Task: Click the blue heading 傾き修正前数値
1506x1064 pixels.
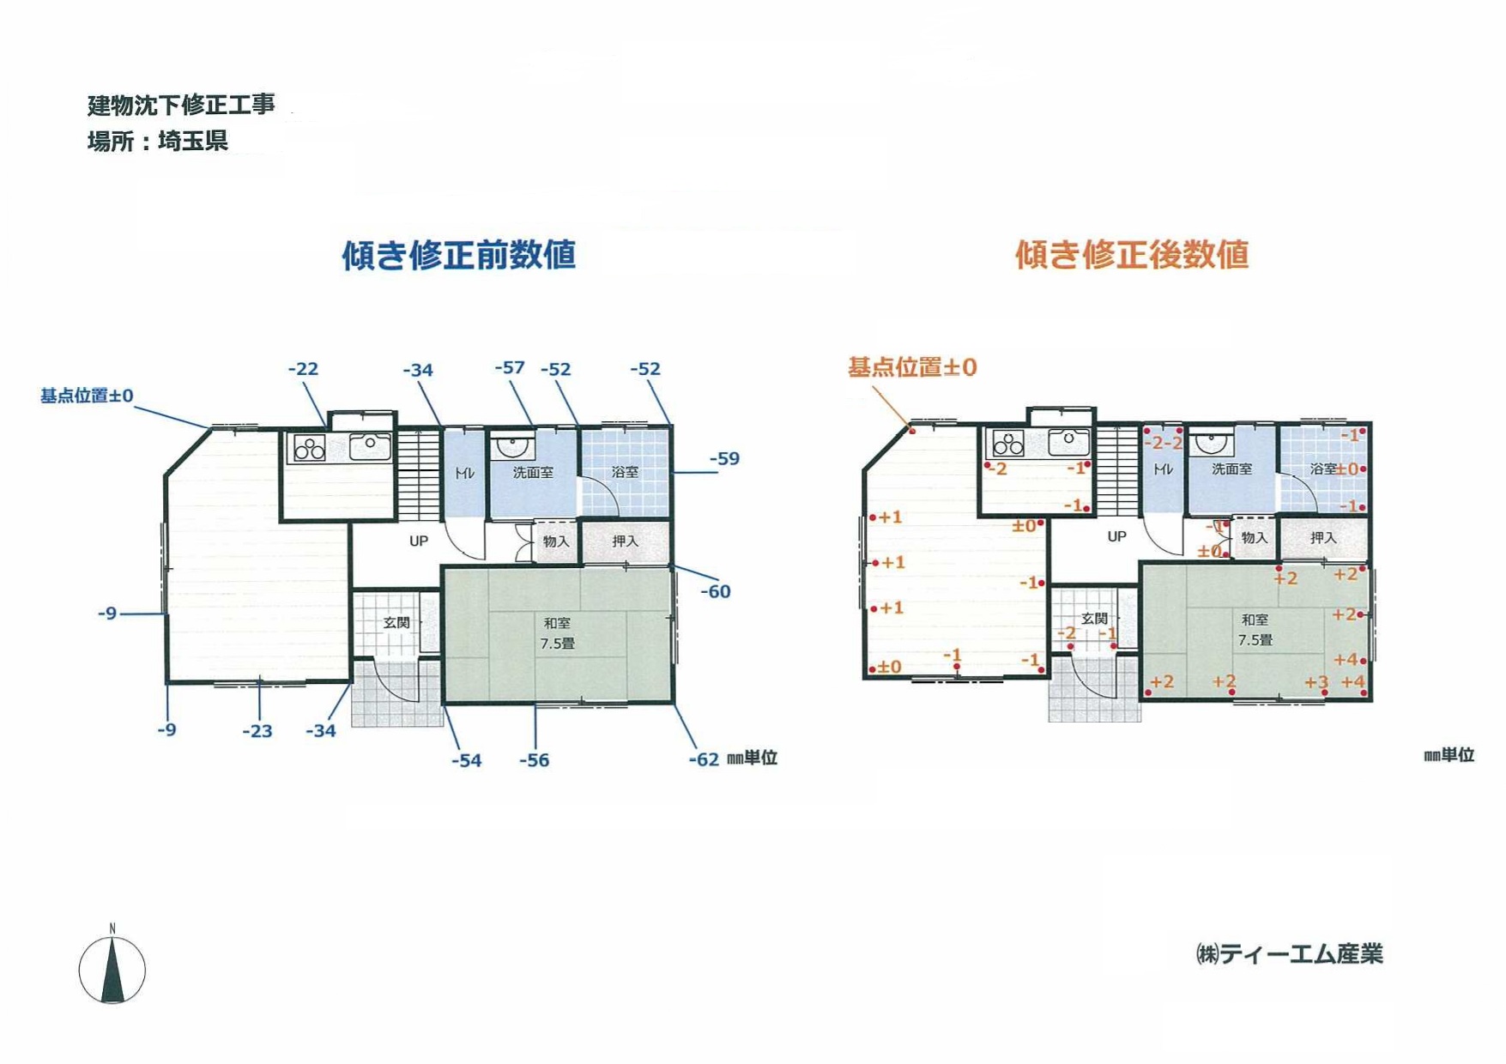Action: tap(458, 255)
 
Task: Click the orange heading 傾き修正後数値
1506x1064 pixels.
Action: tap(1132, 255)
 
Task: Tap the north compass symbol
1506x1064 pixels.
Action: tap(112, 966)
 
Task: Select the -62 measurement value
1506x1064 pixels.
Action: tap(704, 759)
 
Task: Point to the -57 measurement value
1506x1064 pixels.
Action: tap(510, 367)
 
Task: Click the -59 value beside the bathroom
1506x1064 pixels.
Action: tap(724, 458)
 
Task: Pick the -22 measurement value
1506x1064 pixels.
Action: tap(303, 369)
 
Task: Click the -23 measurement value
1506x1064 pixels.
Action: tap(257, 731)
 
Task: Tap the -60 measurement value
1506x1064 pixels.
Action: tap(716, 591)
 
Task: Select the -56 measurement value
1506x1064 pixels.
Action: tap(534, 760)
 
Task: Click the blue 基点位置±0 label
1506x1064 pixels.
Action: tap(87, 396)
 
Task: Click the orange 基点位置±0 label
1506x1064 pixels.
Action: tap(912, 367)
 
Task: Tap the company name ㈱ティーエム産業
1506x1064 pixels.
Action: tap(1289, 953)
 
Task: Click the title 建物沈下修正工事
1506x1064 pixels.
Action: tap(181, 105)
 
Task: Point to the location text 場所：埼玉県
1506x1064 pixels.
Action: tap(158, 141)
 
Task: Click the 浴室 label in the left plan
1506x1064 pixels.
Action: tap(625, 472)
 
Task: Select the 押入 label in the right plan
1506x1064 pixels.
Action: tap(1323, 538)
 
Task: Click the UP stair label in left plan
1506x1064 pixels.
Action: tap(419, 541)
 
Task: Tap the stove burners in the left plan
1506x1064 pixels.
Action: tap(309, 449)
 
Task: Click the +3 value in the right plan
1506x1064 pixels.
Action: tap(1315, 682)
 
